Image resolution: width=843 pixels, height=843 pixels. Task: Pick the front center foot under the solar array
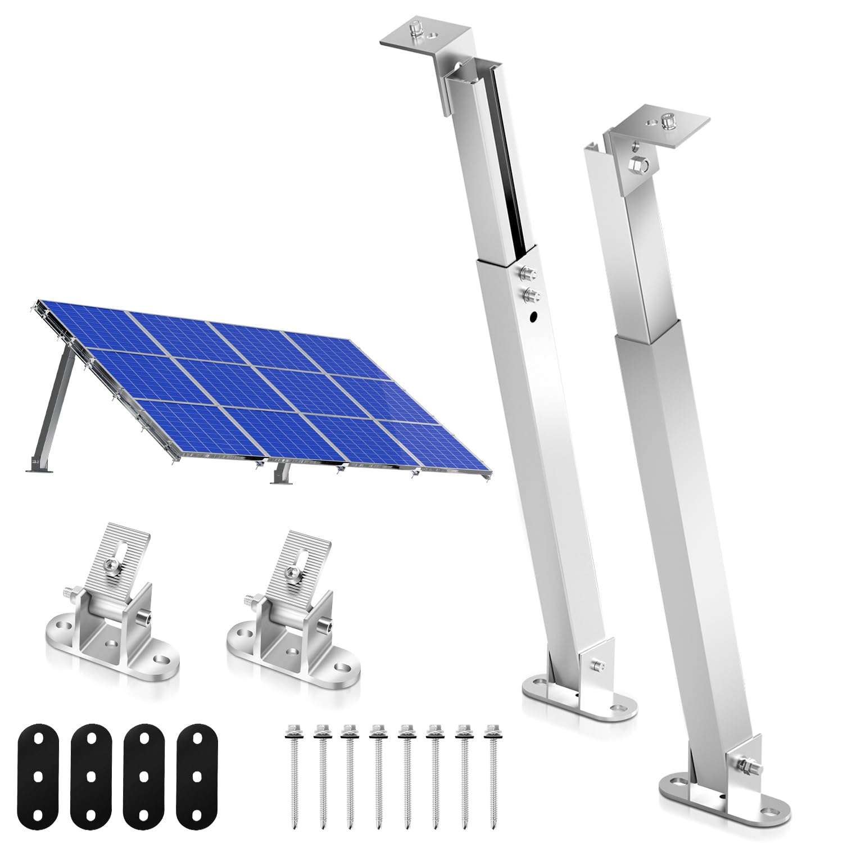click(x=279, y=475)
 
